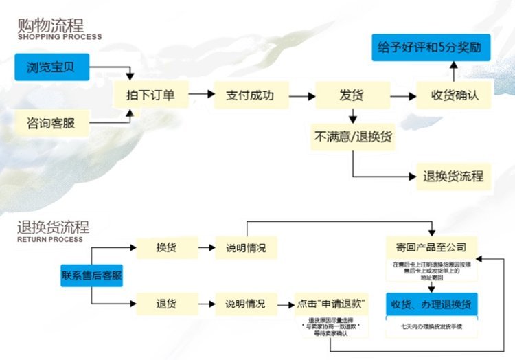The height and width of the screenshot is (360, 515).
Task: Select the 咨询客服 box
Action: (51, 124)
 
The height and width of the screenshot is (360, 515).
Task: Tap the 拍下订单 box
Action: (150, 95)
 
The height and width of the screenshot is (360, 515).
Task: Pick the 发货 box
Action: (352, 95)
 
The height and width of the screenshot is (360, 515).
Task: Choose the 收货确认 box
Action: (454, 95)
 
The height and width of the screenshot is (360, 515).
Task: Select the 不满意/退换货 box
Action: (353, 136)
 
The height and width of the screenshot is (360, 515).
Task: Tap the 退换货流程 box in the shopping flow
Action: (453, 177)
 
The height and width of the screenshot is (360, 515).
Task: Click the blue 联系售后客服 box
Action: (92, 275)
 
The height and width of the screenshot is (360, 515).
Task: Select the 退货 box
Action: (166, 303)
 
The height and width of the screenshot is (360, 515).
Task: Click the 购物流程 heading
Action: (51, 26)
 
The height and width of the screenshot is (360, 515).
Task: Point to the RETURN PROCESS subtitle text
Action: (50, 240)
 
